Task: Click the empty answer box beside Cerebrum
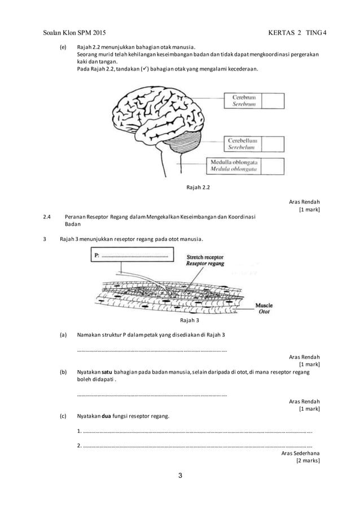pos(273,101)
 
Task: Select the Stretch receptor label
pos(205,256)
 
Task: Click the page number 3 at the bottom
pos(180,476)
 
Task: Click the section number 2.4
pos(47,217)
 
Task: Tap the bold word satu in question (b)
pos(103,372)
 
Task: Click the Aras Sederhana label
pos(300,453)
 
